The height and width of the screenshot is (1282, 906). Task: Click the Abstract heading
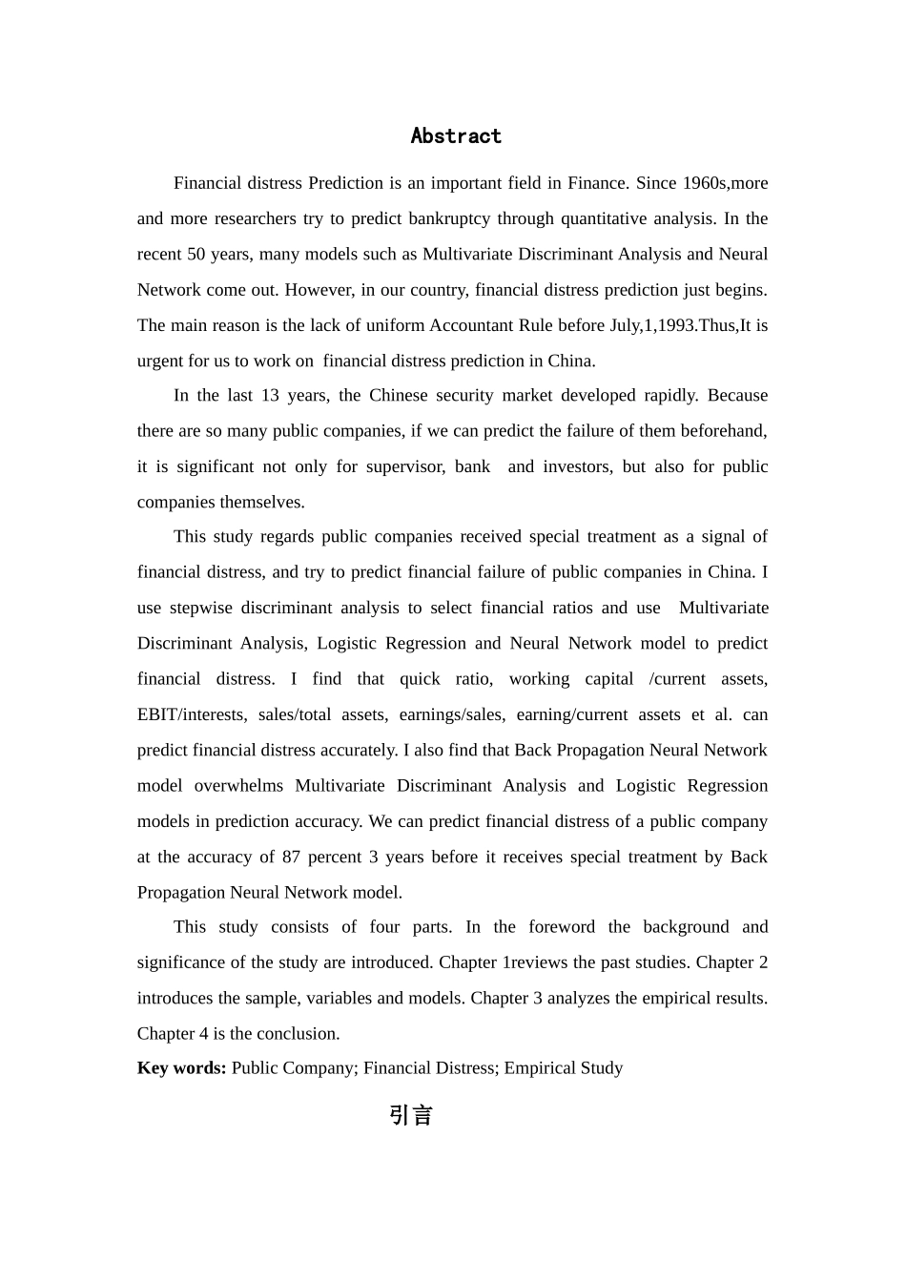point(456,136)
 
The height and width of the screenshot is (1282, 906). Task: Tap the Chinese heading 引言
point(411,1115)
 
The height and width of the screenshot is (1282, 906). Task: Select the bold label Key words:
point(181,1067)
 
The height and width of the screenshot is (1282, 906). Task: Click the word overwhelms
point(238,786)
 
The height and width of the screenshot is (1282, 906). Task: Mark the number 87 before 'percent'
point(291,857)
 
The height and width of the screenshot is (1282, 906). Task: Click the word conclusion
point(299,1033)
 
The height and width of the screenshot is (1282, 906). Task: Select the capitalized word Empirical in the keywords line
point(539,1067)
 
